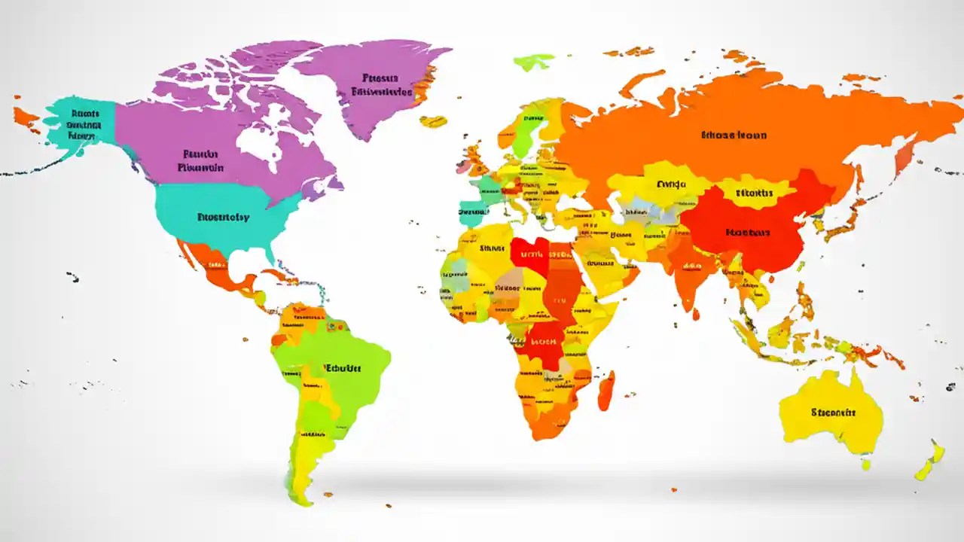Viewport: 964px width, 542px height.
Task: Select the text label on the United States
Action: pyautogui.click(x=223, y=218)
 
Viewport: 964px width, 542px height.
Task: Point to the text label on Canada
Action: pyautogui.click(x=201, y=160)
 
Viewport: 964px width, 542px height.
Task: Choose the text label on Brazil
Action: pyautogui.click(x=343, y=368)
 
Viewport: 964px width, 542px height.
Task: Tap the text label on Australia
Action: pyautogui.click(x=834, y=413)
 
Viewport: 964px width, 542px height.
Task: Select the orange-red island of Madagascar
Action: pyautogui.click(x=606, y=391)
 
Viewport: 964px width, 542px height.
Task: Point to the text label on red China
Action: pyautogui.click(x=748, y=233)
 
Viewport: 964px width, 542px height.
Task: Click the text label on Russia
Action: pyautogui.click(x=734, y=135)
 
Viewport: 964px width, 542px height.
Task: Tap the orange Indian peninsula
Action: pyautogui.click(x=687, y=279)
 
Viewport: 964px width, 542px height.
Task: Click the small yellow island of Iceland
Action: pyautogui.click(x=433, y=120)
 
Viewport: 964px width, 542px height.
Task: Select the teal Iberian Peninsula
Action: pyautogui.click(x=472, y=213)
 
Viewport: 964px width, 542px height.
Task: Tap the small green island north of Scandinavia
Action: pyautogui.click(x=534, y=62)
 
